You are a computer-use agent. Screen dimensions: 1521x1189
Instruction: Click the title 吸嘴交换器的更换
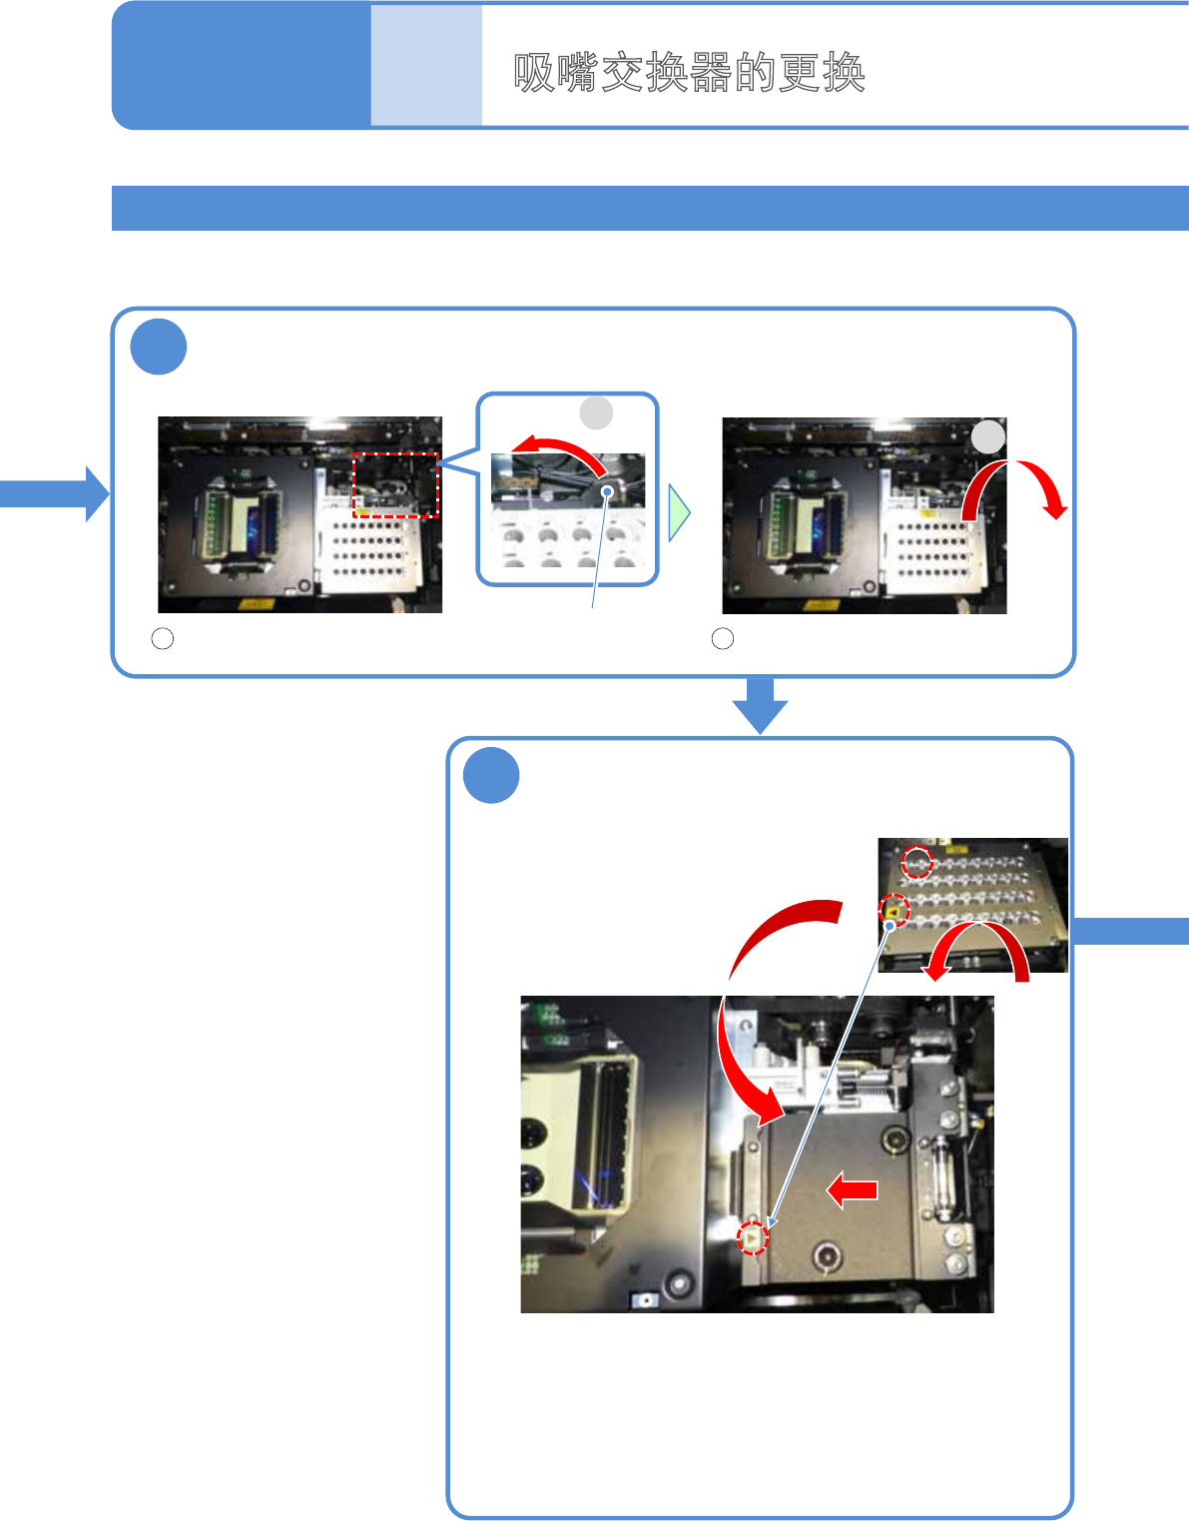689,73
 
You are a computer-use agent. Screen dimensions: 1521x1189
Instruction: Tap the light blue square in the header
426,66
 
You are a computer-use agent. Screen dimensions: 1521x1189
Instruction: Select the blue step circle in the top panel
159,347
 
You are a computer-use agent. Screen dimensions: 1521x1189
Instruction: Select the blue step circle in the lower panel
491,775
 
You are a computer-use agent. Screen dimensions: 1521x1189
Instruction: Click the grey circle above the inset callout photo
596,411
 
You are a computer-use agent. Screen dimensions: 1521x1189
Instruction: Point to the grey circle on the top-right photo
988,436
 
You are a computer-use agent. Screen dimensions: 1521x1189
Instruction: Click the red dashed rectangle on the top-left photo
395,485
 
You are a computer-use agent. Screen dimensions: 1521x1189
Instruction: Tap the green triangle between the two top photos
679,513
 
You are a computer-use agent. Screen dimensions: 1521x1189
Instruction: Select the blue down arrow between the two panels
760,705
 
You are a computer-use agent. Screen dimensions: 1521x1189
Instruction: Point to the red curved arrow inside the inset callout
556,450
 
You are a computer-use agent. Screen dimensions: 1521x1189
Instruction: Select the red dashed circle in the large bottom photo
753,1238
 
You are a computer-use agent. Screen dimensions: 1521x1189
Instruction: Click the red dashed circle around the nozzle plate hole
916,862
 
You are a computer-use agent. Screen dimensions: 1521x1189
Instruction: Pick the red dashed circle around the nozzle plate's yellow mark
894,911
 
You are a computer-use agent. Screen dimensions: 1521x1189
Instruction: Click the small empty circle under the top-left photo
163,638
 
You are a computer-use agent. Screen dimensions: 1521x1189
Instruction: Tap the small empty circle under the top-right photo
723,638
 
